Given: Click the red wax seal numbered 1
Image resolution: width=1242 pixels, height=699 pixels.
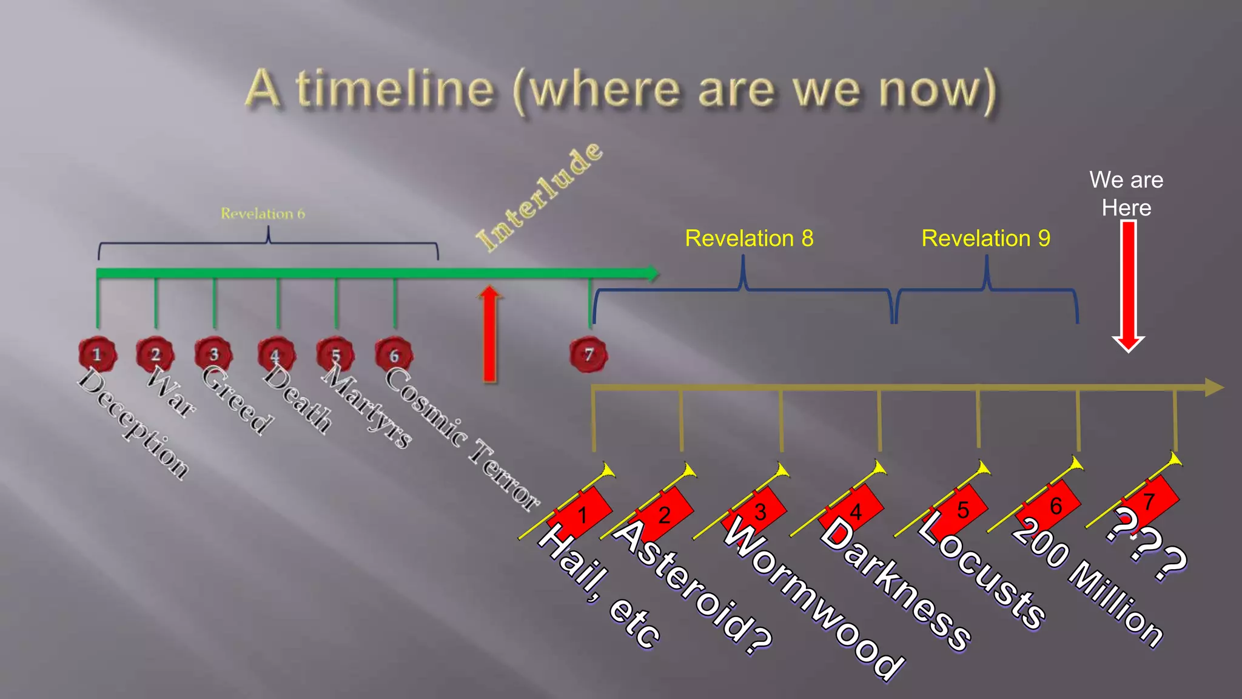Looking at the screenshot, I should point(97,354).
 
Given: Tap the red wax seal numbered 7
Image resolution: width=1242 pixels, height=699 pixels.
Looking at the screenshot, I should point(588,354).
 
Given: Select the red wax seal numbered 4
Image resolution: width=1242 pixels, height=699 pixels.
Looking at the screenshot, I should point(276,354).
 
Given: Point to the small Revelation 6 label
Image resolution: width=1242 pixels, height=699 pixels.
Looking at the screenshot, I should point(263,214).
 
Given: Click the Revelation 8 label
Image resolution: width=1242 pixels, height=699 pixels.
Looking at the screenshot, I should point(749,238).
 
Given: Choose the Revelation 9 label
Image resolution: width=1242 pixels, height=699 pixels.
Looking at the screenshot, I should point(985,238).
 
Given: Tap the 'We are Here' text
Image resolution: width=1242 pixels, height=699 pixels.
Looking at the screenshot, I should point(1126,194).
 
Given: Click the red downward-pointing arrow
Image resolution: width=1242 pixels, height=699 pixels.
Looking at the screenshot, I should point(1128,285).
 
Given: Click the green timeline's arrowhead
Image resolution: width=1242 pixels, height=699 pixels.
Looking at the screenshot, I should point(651,274).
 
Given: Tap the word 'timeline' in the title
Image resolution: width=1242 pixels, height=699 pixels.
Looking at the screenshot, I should point(395,89).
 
